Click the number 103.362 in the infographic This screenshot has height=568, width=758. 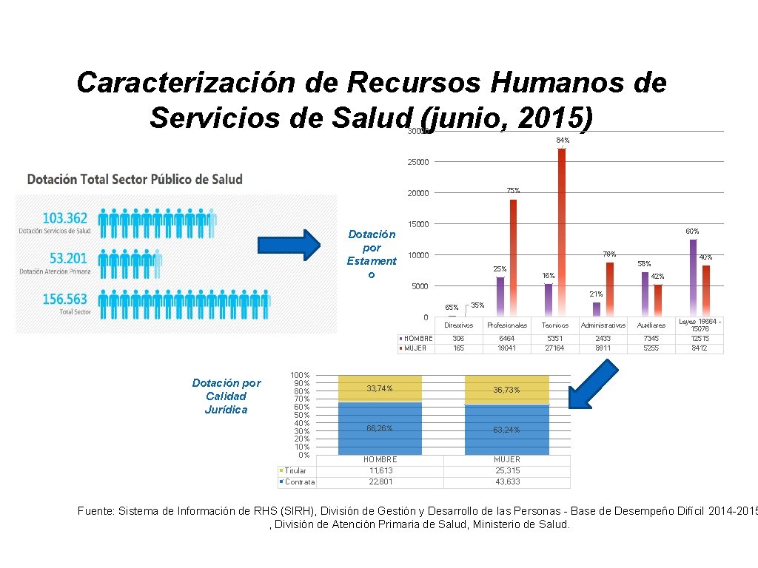[x=65, y=217]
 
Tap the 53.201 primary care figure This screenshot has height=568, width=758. [x=65, y=258]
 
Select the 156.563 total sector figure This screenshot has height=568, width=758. [x=65, y=300]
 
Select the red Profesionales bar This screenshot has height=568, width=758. [x=513, y=258]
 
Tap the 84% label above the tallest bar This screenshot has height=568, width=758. [x=563, y=141]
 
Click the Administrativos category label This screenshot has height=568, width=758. [x=603, y=325]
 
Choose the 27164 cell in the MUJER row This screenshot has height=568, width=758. [x=554, y=348]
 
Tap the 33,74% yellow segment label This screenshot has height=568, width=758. [x=379, y=388]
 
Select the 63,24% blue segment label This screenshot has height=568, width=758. [x=507, y=430]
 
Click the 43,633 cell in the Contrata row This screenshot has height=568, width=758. [x=507, y=482]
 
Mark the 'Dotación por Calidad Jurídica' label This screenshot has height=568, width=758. [x=226, y=396]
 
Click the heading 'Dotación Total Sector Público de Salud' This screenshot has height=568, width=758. [x=135, y=179]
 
